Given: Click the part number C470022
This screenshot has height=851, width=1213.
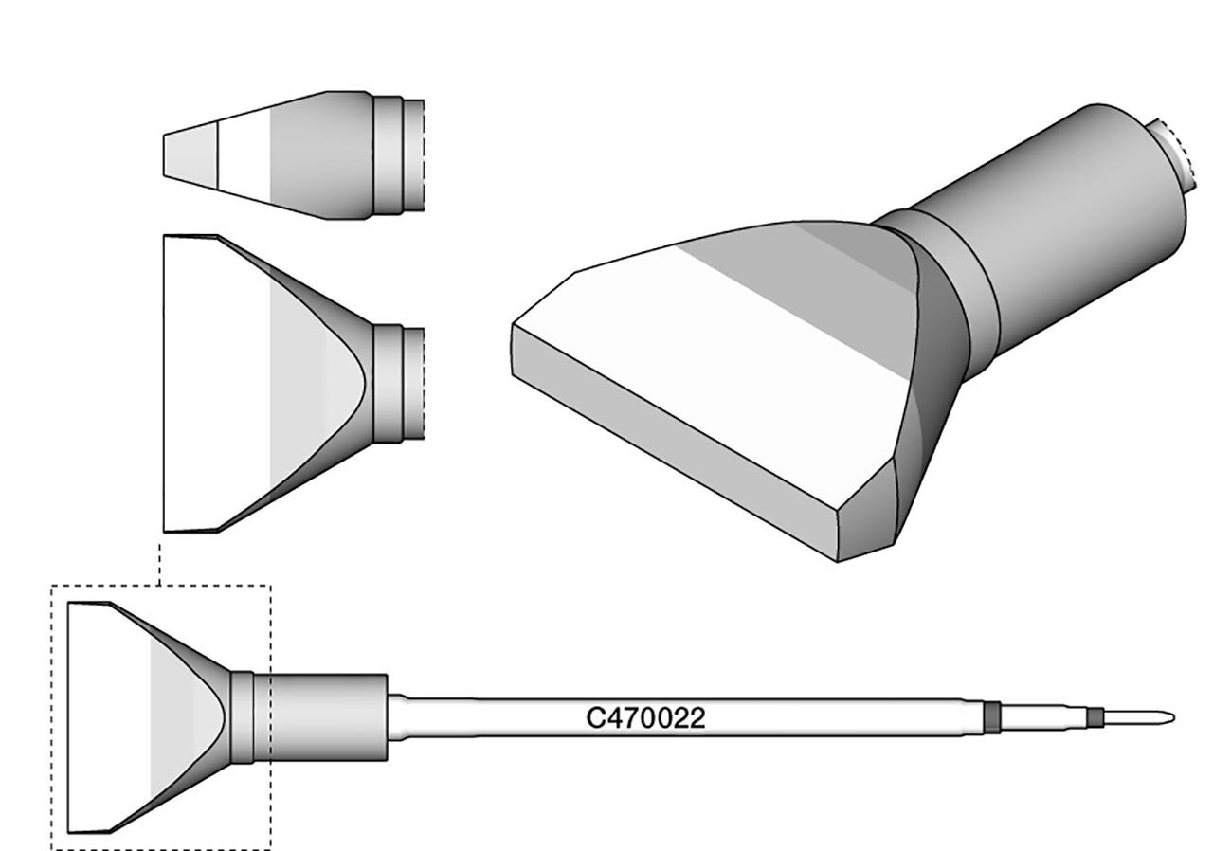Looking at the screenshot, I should pos(645,718).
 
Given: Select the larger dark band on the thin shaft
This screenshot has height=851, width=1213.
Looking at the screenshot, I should pos(992,717).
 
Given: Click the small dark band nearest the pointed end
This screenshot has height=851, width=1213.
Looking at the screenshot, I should pos(1097,717).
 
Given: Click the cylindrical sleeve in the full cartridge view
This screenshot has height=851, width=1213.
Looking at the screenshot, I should pos(327,717).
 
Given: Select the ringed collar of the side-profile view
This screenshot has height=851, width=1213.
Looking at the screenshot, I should pos(398,155).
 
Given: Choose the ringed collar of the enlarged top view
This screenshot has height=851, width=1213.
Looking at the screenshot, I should pos(398,384).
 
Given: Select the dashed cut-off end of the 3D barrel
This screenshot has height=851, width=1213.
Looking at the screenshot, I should pos(1175,152).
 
